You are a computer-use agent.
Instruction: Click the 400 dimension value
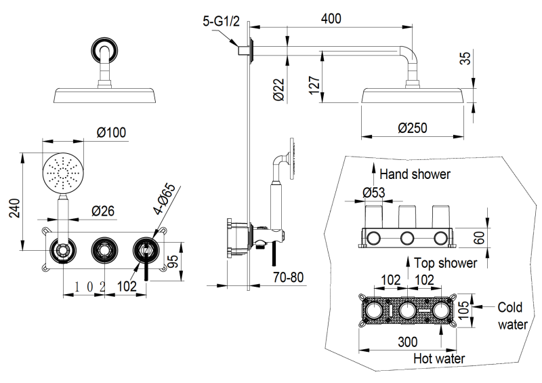pos(331,18)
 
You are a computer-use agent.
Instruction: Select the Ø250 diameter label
pos(413,127)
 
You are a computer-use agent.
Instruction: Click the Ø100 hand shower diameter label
pos(112,132)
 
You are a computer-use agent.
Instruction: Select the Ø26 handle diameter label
pos(102,211)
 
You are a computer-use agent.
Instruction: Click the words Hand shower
pos(415,174)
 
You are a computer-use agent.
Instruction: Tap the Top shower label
pos(445,262)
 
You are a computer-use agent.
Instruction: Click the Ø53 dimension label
pos(373,193)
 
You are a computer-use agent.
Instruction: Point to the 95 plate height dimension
pos(174,261)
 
